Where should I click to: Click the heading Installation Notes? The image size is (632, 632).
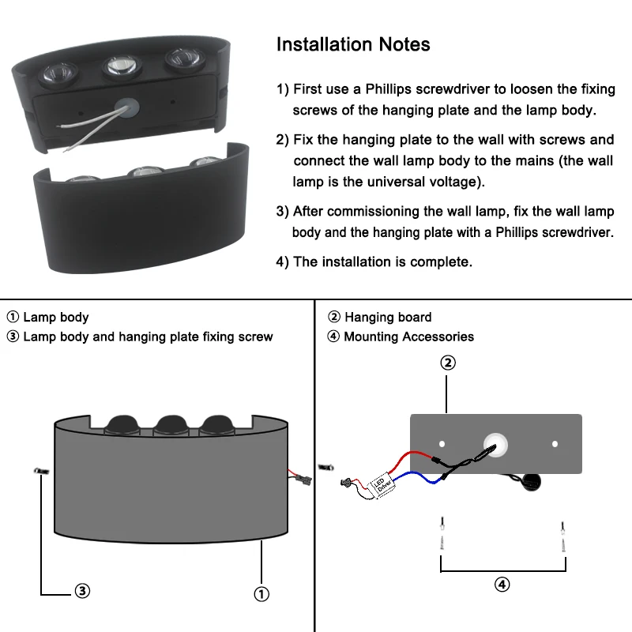(x=353, y=44)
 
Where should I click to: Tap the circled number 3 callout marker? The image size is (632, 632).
(x=81, y=590)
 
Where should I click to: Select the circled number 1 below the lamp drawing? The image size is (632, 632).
(x=261, y=593)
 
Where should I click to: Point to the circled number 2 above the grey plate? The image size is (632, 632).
(x=447, y=363)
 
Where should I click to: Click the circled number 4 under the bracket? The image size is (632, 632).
(x=502, y=585)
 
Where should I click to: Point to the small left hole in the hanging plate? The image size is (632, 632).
(x=442, y=444)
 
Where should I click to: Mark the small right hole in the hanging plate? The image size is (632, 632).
(x=555, y=444)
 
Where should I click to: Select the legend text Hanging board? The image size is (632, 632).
(x=388, y=317)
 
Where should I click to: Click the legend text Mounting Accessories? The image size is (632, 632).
(x=408, y=337)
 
